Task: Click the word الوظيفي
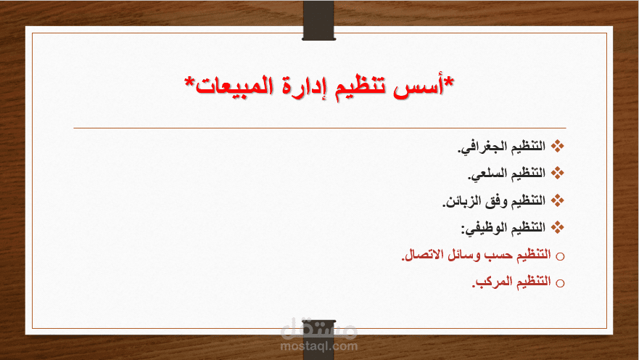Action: click(x=484, y=227)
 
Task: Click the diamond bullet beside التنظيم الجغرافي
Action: click(x=558, y=147)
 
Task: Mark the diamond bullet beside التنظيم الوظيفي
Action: click(x=558, y=226)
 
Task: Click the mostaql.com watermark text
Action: click(x=319, y=346)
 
